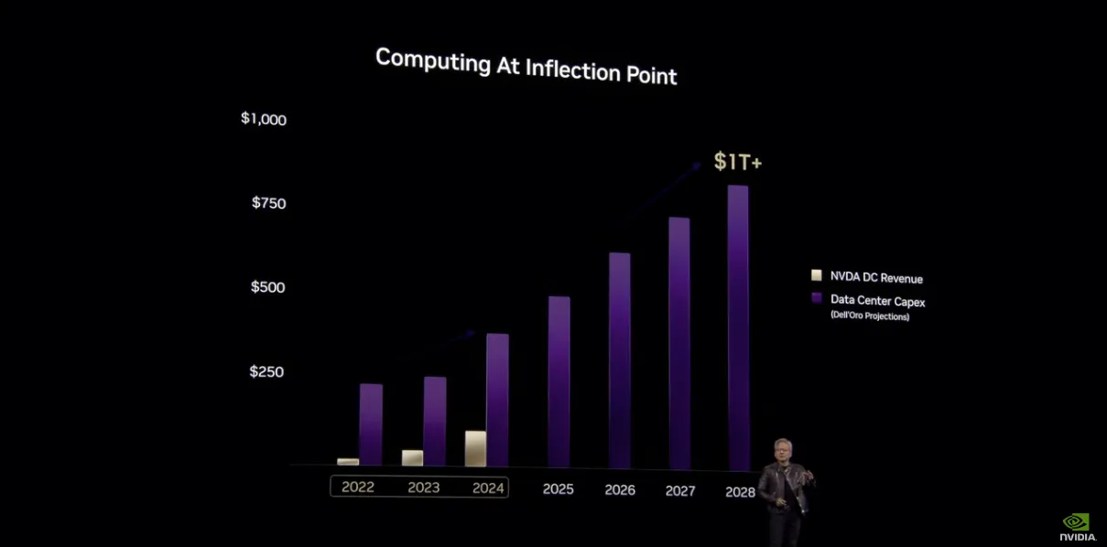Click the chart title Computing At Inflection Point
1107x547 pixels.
pos(526,65)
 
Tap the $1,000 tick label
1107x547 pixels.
pos(264,119)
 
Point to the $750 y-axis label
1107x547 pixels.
pos(269,203)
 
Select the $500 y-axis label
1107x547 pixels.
pos(269,287)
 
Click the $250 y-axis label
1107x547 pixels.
pos(267,371)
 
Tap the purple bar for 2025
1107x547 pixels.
pos(559,381)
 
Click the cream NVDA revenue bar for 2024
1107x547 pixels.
pos(475,448)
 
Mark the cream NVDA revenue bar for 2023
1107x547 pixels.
pos(412,457)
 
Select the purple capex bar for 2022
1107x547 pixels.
pos(371,424)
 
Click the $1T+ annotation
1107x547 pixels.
pos(738,163)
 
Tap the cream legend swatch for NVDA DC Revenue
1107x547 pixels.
pos(817,275)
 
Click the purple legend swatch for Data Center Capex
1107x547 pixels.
pos(817,298)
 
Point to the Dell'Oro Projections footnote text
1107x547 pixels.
pos(870,316)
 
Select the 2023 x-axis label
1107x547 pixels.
pos(424,488)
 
